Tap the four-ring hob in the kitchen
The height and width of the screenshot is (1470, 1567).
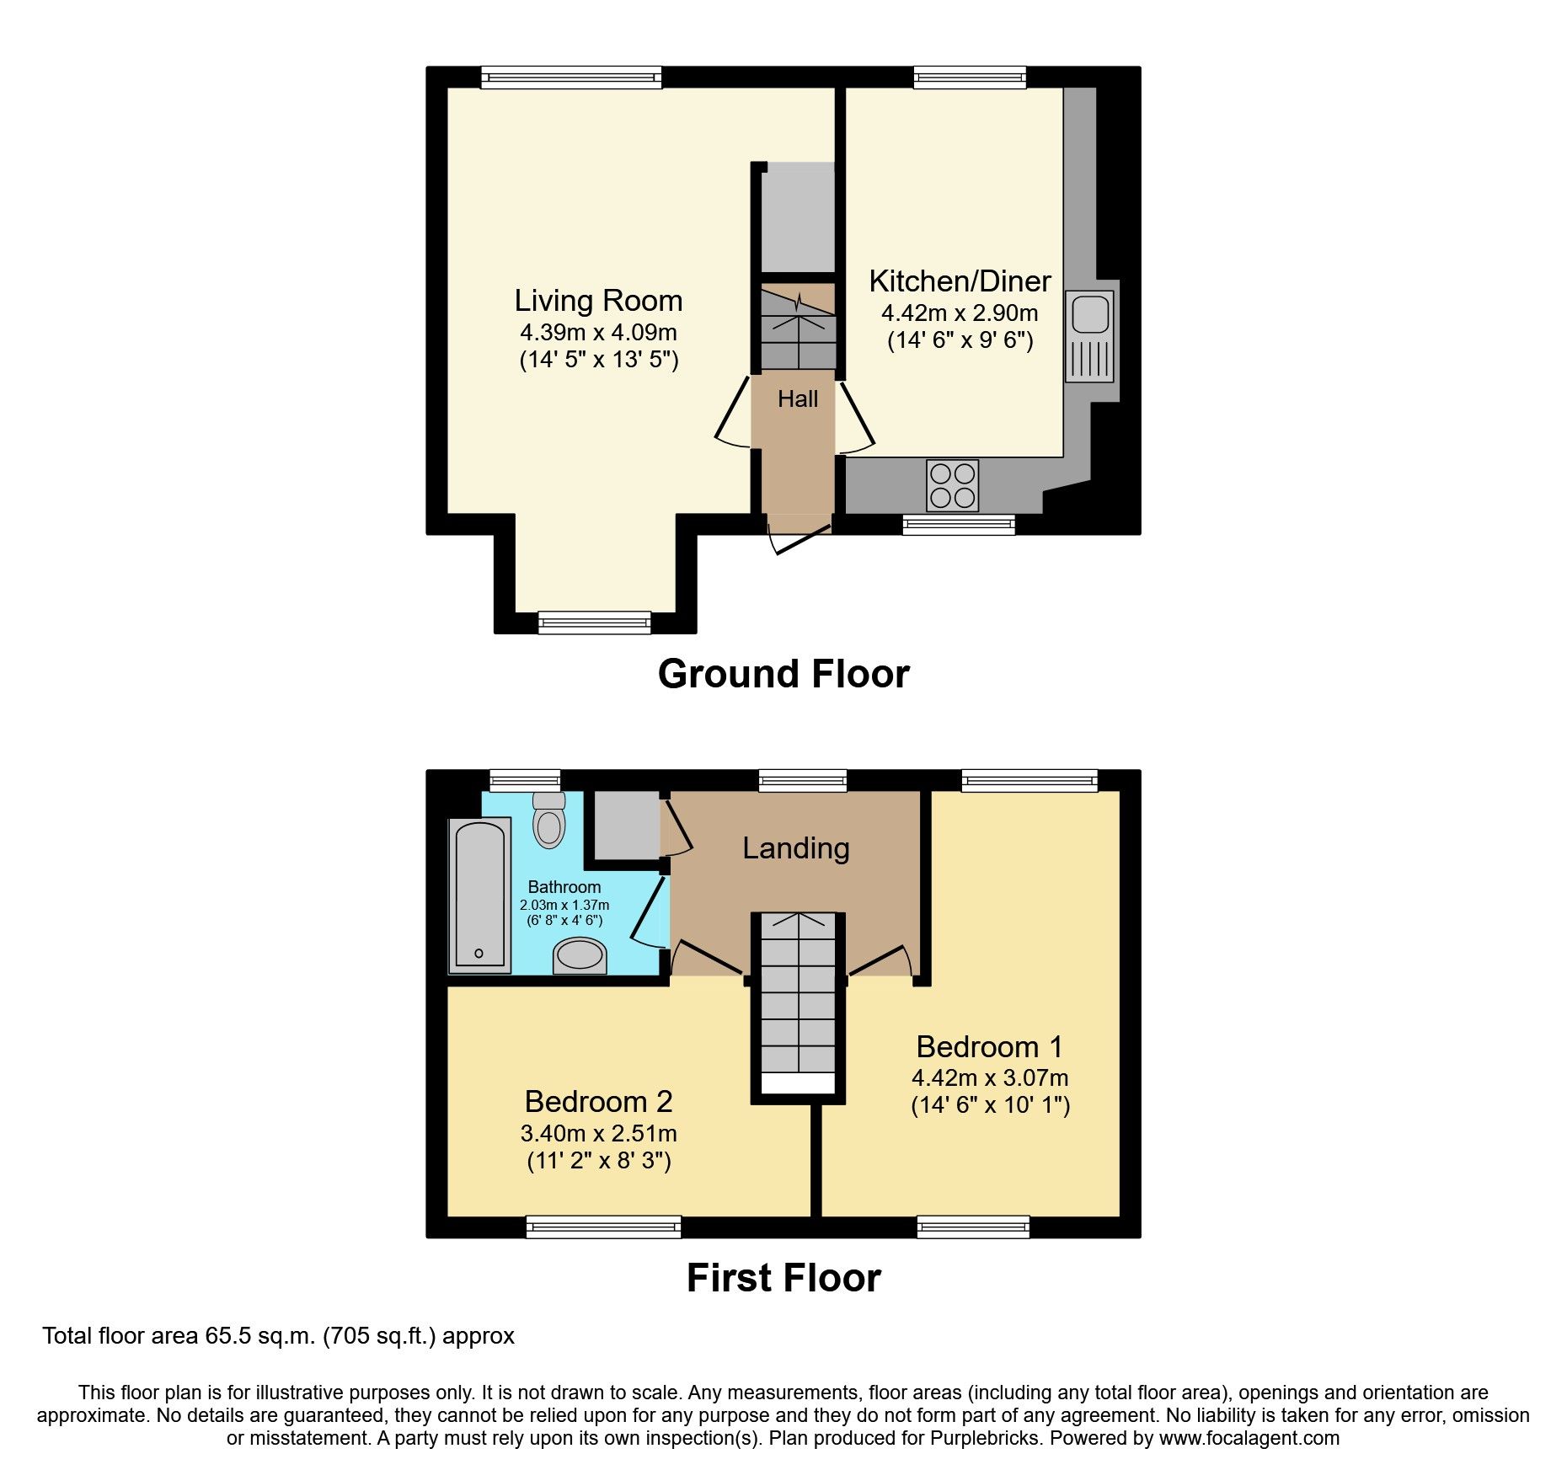pos(952,485)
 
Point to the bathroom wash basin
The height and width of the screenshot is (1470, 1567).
pos(580,956)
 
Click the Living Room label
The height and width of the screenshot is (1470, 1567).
pos(598,301)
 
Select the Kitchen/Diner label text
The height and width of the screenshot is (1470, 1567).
pos(960,281)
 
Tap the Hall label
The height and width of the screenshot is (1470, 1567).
pos(797,398)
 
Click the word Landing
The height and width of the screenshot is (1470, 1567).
pos(795,848)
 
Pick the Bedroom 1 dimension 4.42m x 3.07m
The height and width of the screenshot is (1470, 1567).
pos(990,1077)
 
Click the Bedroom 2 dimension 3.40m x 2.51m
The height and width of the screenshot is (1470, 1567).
pos(598,1133)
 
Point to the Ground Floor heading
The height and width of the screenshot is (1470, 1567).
pos(783,674)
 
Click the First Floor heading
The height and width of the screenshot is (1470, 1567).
pos(783,1278)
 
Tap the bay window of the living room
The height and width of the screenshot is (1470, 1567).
pos(594,623)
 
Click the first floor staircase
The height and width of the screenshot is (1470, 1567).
pos(798,1002)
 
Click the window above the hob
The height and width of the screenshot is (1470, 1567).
pos(959,525)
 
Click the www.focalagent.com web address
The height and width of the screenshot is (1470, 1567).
pos(1249,1438)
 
